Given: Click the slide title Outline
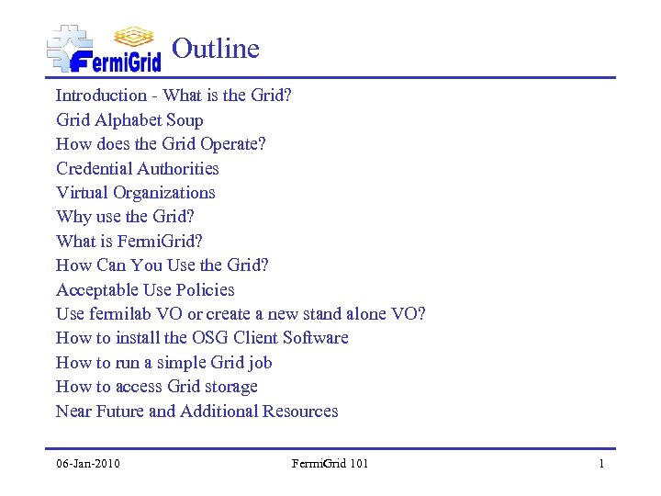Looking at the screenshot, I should (x=216, y=49).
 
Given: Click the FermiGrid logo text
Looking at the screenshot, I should (x=116, y=62).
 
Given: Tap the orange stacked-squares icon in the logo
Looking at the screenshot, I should (x=134, y=36).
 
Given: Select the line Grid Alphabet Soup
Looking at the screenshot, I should (x=129, y=120).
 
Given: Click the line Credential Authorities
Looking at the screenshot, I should (x=138, y=168).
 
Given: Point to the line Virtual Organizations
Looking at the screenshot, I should (x=136, y=193).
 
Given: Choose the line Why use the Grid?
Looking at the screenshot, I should (x=125, y=217).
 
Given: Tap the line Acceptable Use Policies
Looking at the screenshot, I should (x=145, y=289).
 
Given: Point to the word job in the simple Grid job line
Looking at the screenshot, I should (x=261, y=363).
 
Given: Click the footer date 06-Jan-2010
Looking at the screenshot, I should (x=87, y=464).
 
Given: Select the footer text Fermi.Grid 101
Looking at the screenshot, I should (x=330, y=464).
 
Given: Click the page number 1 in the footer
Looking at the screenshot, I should (x=601, y=464).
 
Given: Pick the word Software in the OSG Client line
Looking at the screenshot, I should (x=315, y=338).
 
